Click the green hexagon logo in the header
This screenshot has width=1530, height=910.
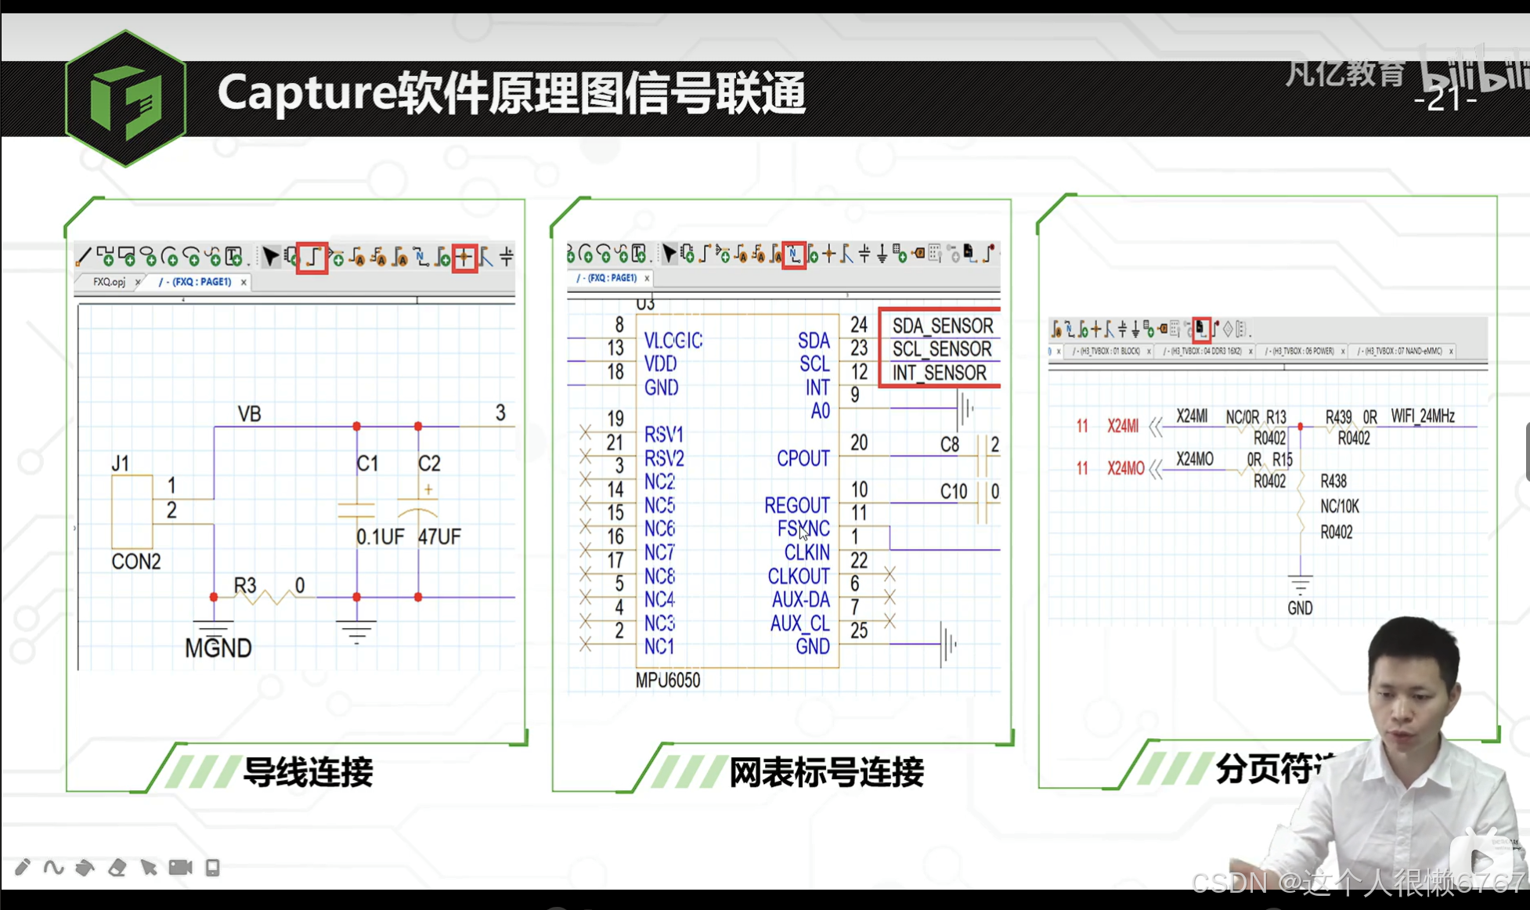[x=125, y=99]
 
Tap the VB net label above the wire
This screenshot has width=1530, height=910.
[x=249, y=413]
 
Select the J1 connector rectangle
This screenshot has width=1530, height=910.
[x=132, y=511]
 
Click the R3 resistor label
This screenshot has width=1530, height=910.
[x=245, y=585]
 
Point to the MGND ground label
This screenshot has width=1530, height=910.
[x=218, y=648]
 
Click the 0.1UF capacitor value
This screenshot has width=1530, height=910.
[x=380, y=536]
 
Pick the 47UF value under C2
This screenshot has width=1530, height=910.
[x=439, y=536]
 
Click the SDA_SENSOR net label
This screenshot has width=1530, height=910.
[x=942, y=326]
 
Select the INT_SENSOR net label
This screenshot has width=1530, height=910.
[x=939, y=373]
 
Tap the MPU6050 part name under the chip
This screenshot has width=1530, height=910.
[x=667, y=680]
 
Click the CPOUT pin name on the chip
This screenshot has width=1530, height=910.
[x=803, y=458]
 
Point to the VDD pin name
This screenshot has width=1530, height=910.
[x=660, y=363]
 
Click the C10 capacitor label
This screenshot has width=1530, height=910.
[x=953, y=491]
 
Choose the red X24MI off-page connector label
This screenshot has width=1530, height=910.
[x=1122, y=426]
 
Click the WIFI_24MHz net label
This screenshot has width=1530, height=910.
[x=1422, y=416]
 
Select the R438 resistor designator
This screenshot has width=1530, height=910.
[x=1333, y=481]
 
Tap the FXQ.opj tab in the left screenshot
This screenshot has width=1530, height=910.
[x=109, y=282]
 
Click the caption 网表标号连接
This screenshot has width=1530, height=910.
[x=826, y=772]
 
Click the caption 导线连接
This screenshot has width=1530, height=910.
[x=308, y=772]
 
